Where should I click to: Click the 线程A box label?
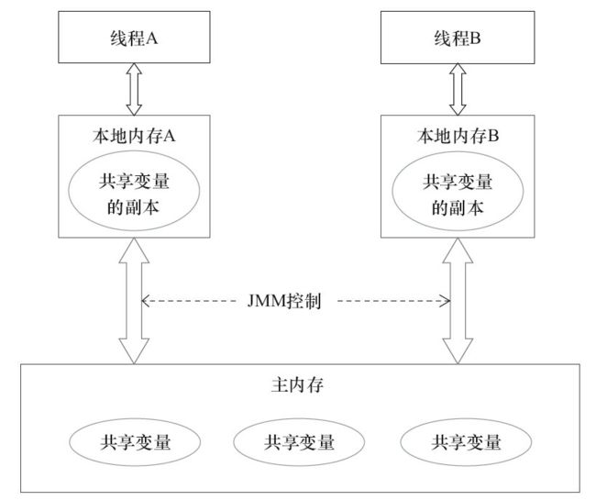(x=134, y=39)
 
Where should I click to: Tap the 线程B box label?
(x=458, y=39)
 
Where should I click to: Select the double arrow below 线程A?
(x=134, y=89)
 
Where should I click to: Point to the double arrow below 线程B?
(x=458, y=89)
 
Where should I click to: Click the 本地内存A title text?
(x=134, y=136)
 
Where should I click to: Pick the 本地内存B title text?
(x=458, y=136)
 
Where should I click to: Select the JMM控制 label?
(x=284, y=301)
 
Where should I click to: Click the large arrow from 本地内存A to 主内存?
(x=134, y=301)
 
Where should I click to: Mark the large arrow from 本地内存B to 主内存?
(x=458, y=301)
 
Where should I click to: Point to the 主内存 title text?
(x=297, y=385)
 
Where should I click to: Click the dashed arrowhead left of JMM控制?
(x=145, y=301)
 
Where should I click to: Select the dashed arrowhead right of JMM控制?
(x=447, y=301)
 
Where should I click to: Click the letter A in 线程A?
(x=151, y=39)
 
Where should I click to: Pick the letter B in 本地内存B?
(x=493, y=136)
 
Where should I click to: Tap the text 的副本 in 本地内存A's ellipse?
(x=133, y=207)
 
